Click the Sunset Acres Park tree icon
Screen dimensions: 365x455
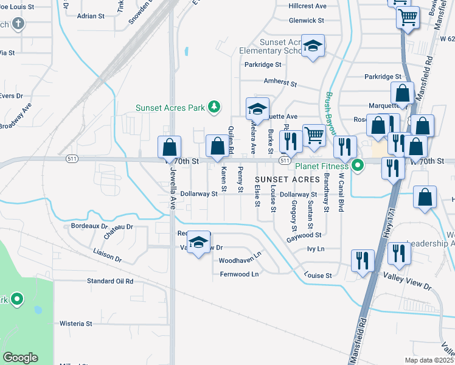[x=214, y=108]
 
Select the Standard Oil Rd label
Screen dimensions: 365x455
[x=110, y=281]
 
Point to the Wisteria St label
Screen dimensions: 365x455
[x=75, y=324]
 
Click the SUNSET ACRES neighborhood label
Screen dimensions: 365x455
[x=287, y=179]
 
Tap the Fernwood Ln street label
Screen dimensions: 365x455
[x=239, y=274]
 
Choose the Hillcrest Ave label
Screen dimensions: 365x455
[x=308, y=5]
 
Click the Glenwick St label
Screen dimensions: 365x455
[x=307, y=20]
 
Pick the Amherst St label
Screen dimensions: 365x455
[x=279, y=82]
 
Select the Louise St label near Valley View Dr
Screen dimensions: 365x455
[x=319, y=275]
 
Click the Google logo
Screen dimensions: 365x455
[x=20, y=358]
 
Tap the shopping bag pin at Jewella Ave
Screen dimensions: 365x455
[x=169, y=147]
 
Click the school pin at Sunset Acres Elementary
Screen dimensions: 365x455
[x=313, y=46]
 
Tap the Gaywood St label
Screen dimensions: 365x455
[x=304, y=234]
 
